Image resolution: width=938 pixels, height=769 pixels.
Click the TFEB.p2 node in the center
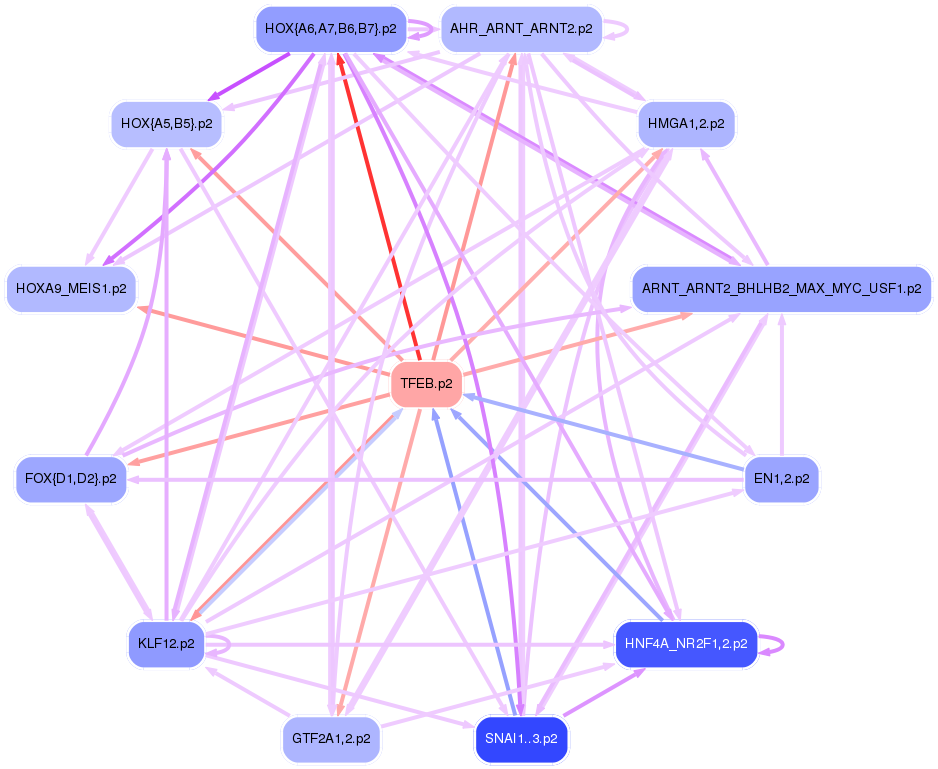(426, 384)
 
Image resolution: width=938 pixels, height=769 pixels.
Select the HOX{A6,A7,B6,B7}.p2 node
(330, 29)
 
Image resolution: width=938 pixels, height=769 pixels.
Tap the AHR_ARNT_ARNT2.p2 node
(521, 29)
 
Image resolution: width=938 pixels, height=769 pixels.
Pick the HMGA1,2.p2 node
(686, 125)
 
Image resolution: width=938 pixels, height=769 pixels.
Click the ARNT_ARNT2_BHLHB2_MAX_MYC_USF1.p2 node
(782, 289)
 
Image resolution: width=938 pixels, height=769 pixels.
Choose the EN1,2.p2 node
(782, 479)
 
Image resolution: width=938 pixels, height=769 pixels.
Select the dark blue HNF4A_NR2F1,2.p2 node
(685, 643)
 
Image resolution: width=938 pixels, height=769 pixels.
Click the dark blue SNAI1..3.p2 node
(521, 740)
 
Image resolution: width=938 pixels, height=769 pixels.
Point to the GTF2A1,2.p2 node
(331, 740)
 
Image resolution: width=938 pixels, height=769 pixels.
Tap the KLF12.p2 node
(166, 643)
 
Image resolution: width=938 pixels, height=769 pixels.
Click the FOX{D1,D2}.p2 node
(70, 479)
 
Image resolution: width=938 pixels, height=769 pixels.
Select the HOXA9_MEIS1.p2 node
(71, 289)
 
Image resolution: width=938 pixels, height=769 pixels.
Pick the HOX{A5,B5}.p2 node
(166, 125)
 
